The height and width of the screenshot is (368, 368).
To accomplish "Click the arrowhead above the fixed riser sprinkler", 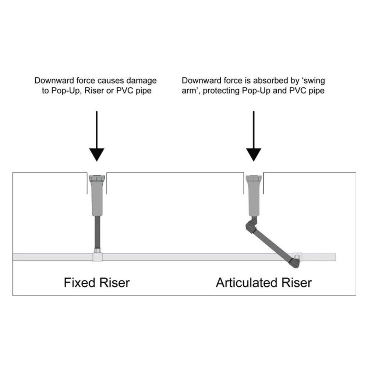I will [x=97, y=154].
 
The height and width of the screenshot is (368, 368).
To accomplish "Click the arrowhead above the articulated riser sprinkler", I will [x=253, y=154].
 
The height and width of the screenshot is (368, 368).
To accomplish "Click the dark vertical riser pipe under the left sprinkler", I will [x=97, y=233].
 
